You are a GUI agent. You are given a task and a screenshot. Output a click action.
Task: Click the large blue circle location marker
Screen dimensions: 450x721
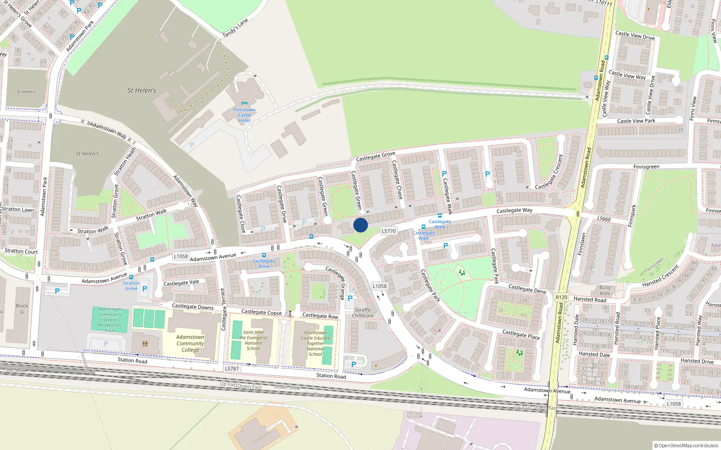[x=360, y=225]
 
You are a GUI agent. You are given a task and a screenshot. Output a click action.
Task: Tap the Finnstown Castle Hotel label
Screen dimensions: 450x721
[x=244, y=115]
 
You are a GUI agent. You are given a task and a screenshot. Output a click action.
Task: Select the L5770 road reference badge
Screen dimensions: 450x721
[x=388, y=231]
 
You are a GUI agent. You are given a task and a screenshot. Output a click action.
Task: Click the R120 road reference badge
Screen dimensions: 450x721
[x=561, y=297]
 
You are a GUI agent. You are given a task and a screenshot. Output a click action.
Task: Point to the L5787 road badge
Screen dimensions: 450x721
[x=232, y=369]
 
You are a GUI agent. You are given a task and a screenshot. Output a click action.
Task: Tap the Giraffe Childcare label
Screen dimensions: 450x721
[x=363, y=313]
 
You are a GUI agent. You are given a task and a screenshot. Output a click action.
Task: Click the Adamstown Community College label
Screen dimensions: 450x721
[x=190, y=343]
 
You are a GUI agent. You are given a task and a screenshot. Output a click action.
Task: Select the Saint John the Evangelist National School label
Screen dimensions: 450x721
[x=253, y=340]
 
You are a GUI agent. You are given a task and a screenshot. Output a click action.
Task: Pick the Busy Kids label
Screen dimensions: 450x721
[x=605, y=290]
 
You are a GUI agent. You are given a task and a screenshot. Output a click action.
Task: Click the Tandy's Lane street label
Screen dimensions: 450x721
[x=235, y=28]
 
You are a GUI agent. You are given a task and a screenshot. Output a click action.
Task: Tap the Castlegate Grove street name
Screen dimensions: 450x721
[x=375, y=156]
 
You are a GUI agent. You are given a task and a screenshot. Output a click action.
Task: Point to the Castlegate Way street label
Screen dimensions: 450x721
[x=514, y=210]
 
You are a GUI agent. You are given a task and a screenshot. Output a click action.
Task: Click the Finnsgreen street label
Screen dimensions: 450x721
[x=646, y=166]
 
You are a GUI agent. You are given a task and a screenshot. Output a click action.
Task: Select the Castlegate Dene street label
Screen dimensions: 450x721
[x=527, y=288]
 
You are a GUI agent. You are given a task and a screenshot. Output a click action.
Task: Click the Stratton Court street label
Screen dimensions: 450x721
[x=21, y=251]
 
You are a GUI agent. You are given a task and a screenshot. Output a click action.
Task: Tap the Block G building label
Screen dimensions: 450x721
[x=22, y=309]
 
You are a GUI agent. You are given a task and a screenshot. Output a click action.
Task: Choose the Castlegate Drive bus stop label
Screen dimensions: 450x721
[x=264, y=264]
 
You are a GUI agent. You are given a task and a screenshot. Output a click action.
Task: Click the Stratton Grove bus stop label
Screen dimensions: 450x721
[x=131, y=286]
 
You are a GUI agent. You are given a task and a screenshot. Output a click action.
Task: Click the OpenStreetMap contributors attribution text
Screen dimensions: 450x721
[x=686, y=445]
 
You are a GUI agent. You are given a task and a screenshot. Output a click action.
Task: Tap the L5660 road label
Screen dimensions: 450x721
[x=604, y=219]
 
